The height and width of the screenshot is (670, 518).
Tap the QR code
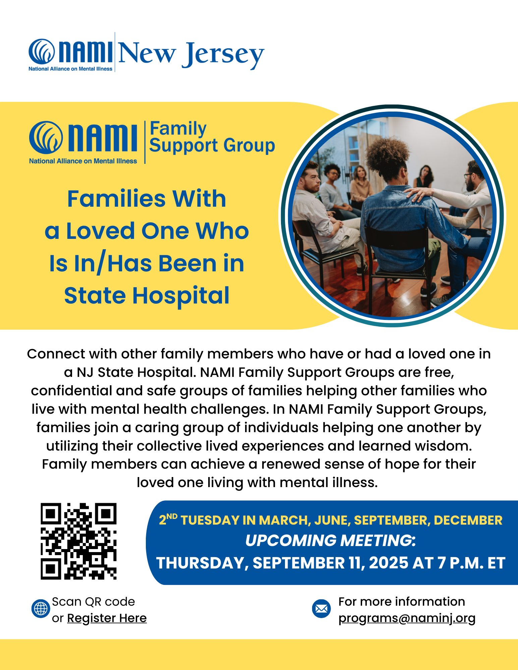coord(78,541)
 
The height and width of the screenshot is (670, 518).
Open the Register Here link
coord(107,618)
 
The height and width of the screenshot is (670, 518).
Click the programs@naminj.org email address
coord(407,618)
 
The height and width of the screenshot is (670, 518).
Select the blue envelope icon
coord(321,609)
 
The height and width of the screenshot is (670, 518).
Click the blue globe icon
coord(41,609)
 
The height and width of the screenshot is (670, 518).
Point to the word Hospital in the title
coord(181,296)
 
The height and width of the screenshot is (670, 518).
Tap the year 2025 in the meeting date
coord(389,563)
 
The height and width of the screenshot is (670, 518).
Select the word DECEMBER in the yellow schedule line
coord(468,520)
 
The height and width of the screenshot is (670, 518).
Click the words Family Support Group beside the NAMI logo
coord(212,137)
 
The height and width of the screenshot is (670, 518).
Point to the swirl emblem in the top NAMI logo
coord(42,52)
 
